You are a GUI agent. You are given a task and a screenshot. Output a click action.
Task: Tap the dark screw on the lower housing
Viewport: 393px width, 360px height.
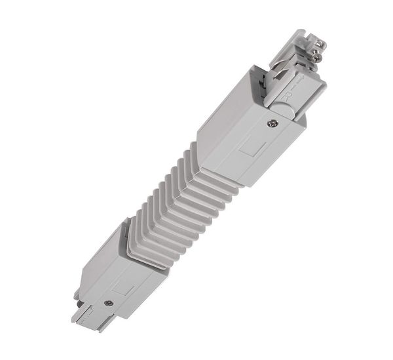click(107, 303)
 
